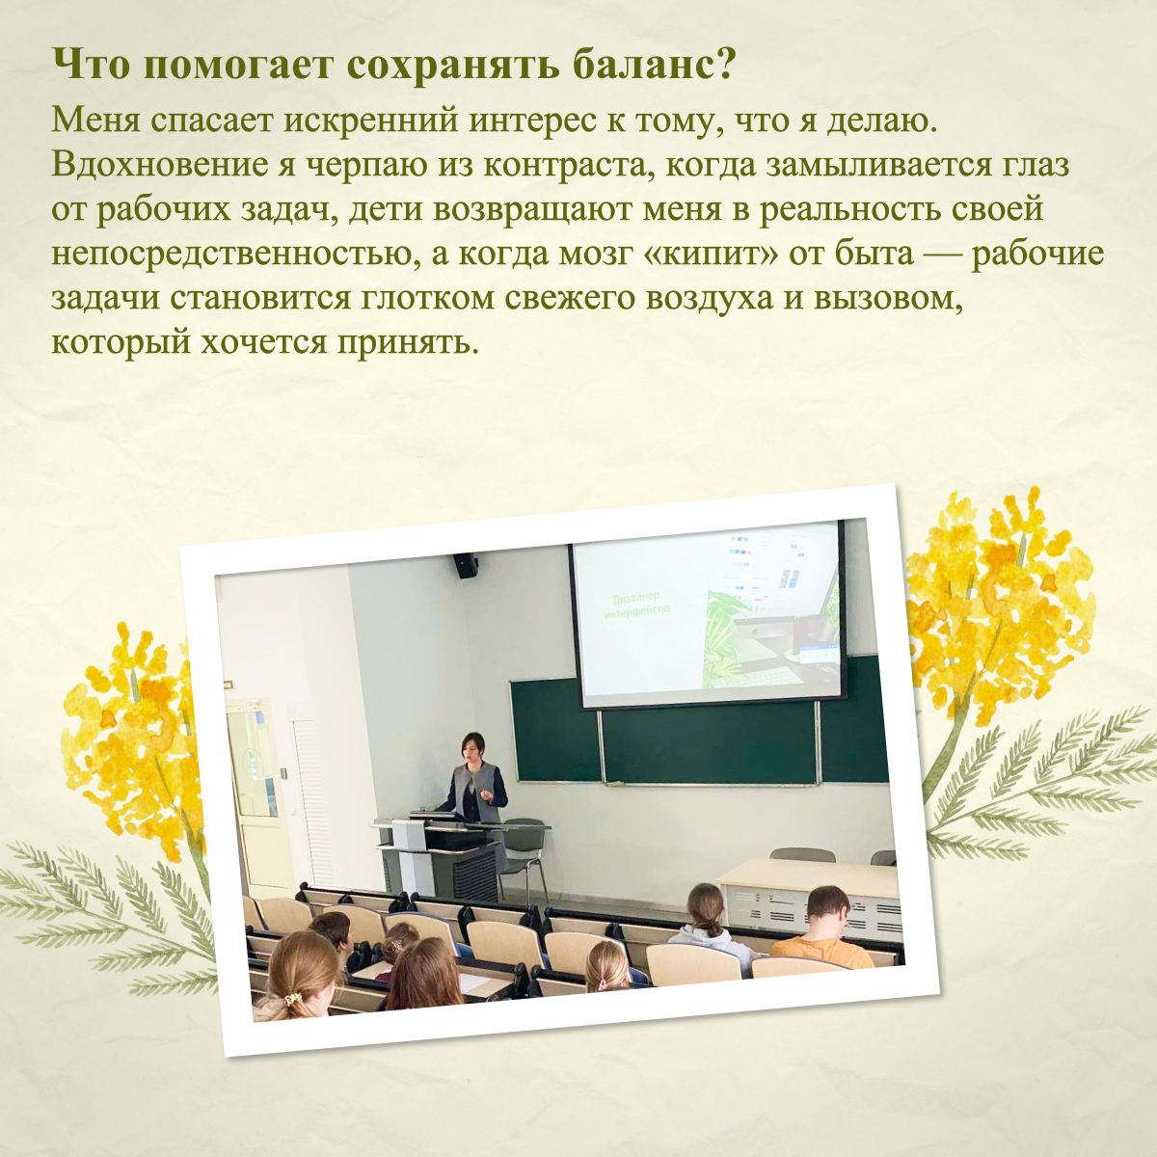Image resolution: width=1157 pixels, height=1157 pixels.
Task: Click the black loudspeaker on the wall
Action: pyautogui.click(x=465, y=565)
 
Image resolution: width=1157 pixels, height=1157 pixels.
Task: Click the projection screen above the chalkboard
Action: pyautogui.click(x=709, y=615)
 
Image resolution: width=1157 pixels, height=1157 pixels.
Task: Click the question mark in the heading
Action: pyautogui.click(x=724, y=65)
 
